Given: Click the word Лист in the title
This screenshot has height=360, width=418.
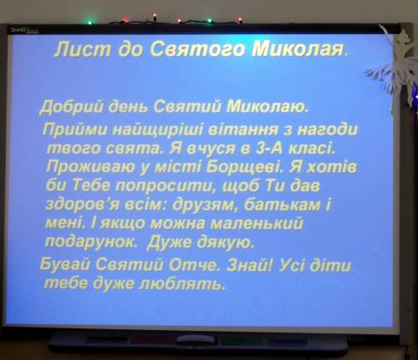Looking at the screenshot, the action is pyautogui.click(x=83, y=49).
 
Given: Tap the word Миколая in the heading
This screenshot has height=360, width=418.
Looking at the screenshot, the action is pyautogui.click(x=298, y=49).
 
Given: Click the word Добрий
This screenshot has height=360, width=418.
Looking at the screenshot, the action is pyautogui.click(x=72, y=107).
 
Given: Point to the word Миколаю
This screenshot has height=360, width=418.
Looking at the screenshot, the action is pyautogui.click(x=268, y=107).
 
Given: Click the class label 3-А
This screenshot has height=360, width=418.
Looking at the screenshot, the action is pyautogui.click(x=268, y=149).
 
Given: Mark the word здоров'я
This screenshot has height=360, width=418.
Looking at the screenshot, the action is pyautogui.click(x=82, y=205).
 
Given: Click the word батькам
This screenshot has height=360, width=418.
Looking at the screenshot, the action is pyautogui.click(x=282, y=205).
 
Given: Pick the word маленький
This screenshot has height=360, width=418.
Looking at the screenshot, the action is pyautogui.click(x=257, y=223).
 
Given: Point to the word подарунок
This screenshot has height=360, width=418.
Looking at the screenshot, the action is pyautogui.click(x=91, y=242).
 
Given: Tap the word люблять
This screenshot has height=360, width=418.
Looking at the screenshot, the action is pyautogui.click(x=182, y=284).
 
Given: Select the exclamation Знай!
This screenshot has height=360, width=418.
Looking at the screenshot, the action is pyautogui.click(x=249, y=266).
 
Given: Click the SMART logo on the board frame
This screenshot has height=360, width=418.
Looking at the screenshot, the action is pyautogui.click(x=24, y=30).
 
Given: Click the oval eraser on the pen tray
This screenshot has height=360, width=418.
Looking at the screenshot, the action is pyautogui.click(x=196, y=341).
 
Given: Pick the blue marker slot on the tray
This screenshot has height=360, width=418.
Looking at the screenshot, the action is pyautogui.click(x=287, y=342).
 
